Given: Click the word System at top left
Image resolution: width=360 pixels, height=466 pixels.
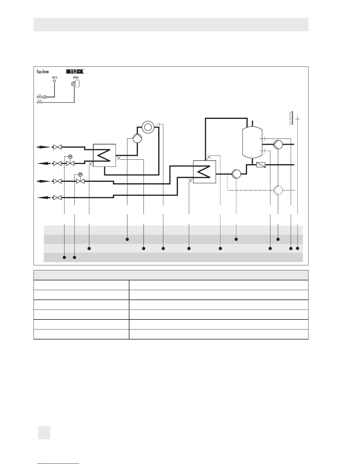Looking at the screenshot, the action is point(43,71).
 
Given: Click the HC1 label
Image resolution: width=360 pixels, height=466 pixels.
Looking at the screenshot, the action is point(54,77).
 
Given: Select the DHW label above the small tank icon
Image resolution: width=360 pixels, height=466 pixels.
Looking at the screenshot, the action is point(76,77).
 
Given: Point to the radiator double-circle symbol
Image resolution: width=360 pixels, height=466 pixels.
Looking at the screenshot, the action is point(148,127).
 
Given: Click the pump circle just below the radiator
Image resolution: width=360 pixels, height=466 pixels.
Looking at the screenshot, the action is point(137,138).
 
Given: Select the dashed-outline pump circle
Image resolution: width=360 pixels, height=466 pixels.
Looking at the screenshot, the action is point(278,190).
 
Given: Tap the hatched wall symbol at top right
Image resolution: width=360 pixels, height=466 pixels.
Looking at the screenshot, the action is point(291,119).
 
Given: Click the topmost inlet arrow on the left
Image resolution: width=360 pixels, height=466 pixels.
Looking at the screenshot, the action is point(43,147).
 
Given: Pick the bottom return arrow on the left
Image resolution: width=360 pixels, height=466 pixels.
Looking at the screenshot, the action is point(43,198).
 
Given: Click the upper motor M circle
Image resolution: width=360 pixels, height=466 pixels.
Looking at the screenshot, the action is point(70,156).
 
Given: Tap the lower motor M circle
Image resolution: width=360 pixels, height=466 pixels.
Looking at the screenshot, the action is point(80,174).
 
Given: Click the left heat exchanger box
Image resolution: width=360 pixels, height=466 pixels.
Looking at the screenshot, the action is point(104,155).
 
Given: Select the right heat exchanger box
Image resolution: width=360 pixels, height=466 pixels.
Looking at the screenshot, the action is point(204,172).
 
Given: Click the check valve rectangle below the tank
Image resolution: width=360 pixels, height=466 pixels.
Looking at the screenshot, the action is point(261,165).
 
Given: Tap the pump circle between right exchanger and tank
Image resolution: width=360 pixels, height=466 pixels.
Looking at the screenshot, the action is point(236,174).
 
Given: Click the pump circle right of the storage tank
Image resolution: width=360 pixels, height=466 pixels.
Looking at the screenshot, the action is point(278,144).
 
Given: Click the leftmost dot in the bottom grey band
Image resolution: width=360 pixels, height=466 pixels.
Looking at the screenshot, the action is point(64,257).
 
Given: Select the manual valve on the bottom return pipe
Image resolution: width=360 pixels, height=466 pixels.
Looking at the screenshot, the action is point(57,198).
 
